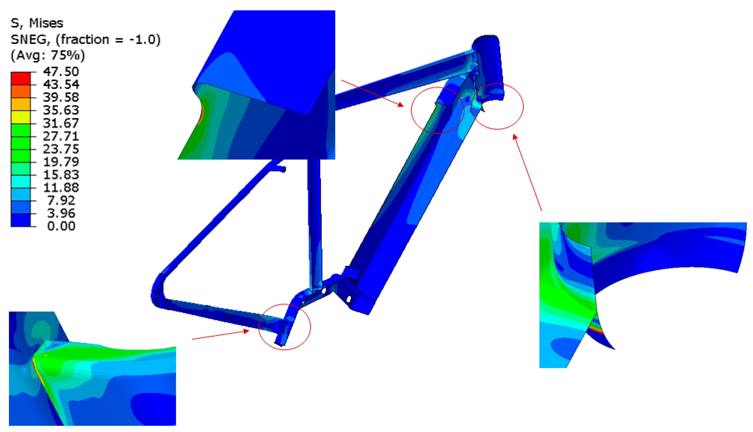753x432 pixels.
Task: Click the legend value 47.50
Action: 61,72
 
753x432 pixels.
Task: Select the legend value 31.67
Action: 61,123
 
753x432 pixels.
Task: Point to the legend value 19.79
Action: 61,162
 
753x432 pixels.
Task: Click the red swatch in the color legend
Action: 21,78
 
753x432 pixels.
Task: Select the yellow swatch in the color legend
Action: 21,117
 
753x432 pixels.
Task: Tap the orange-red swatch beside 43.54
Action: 21,91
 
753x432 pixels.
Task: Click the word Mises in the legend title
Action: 46,23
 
